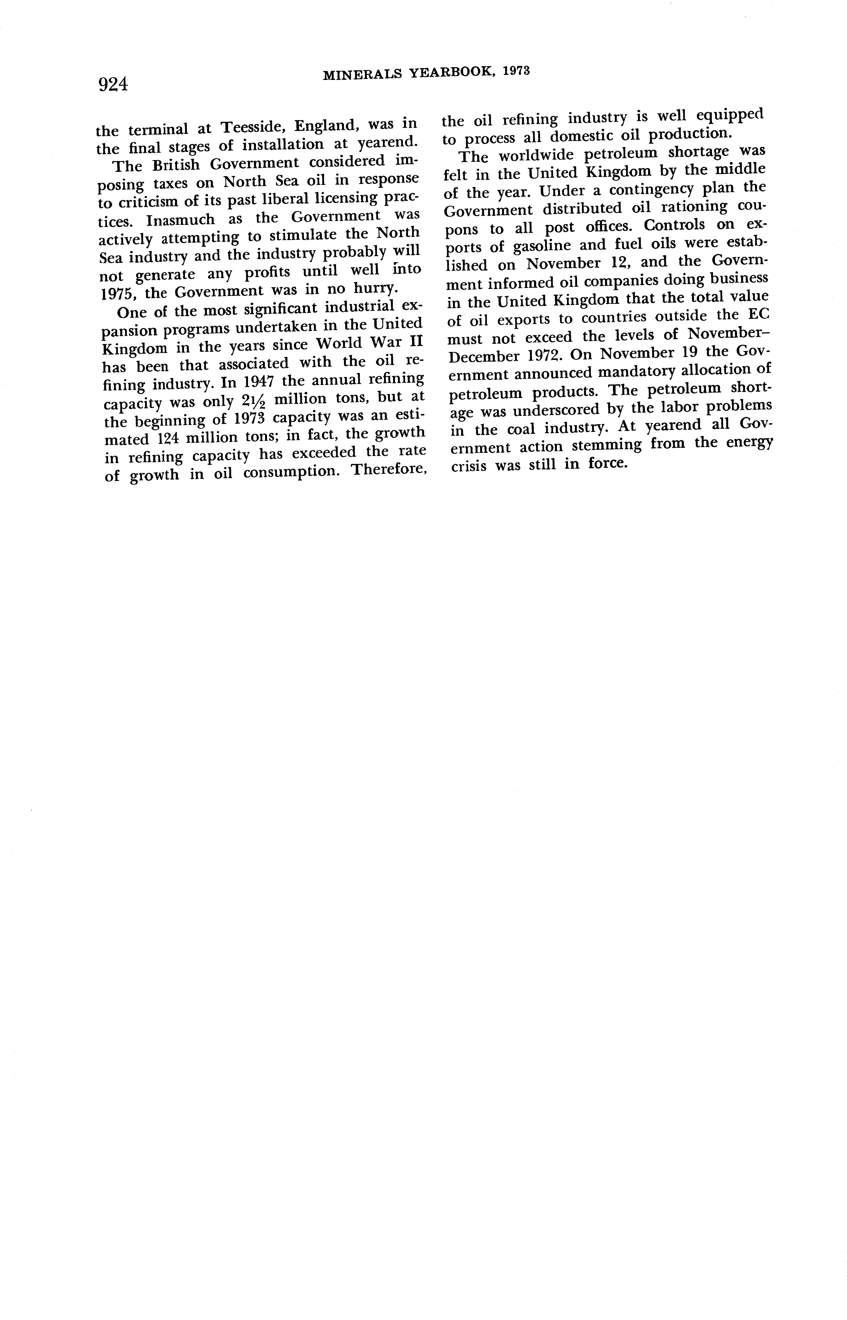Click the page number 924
click(113, 84)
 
